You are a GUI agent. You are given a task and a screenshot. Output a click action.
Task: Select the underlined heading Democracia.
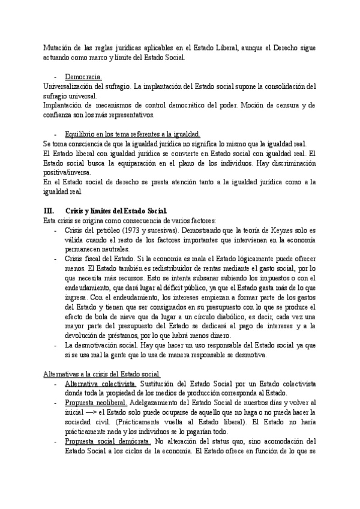point(83,77)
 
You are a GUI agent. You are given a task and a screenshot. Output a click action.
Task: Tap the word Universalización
point(65,86)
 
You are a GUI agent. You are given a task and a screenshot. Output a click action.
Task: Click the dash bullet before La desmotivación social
point(56,346)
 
